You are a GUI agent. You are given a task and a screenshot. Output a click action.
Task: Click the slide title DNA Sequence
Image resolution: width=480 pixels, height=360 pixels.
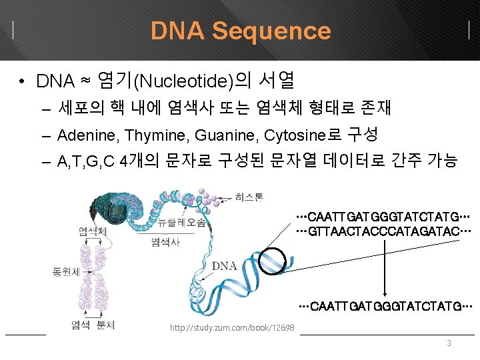(x=240, y=31)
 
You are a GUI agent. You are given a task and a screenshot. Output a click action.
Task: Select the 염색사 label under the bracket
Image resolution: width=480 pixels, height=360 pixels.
(x=165, y=242)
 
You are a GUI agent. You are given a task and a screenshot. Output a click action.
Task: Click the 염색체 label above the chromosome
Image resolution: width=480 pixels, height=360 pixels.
(x=91, y=231)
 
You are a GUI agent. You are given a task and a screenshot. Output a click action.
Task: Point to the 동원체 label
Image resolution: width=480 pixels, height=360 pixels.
(x=66, y=272)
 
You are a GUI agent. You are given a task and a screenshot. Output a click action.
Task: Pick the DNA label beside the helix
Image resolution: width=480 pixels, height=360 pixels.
(x=225, y=266)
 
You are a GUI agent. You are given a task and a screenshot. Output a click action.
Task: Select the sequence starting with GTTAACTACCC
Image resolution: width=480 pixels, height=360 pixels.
(x=384, y=230)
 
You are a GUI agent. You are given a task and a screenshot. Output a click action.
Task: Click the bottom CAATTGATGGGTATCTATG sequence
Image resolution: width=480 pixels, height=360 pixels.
(x=386, y=306)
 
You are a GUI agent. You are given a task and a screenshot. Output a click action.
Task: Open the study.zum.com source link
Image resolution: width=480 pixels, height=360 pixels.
(x=232, y=328)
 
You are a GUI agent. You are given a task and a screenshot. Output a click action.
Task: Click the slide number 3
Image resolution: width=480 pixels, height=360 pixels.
(x=449, y=343)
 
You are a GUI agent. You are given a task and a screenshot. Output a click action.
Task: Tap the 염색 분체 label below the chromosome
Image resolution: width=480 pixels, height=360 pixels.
(x=93, y=325)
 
